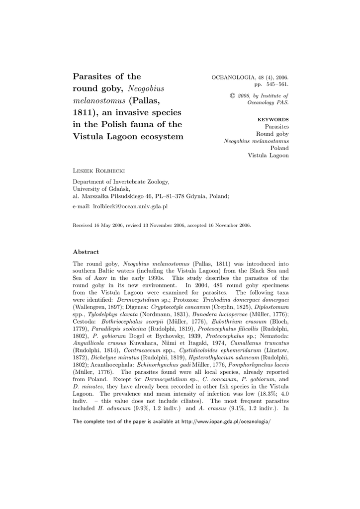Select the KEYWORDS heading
tap(273, 120)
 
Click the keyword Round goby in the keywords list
tap(272, 134)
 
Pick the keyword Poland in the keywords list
tap(279, 148)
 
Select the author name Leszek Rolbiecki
tap(97, 170)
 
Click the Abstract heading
tap(86, 252)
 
